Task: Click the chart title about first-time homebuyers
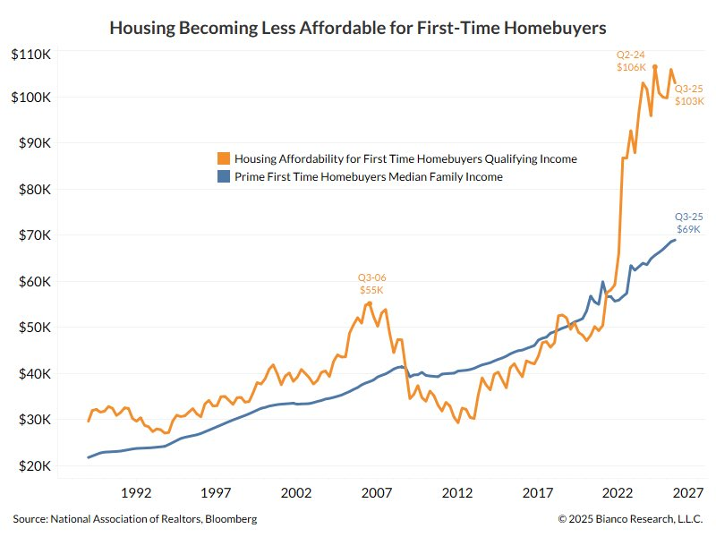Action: [x=357, y=29]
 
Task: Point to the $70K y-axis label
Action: [x=33, y=235]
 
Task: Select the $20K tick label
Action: [x=33, y=466]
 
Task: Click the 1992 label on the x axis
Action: [x=135, y=492]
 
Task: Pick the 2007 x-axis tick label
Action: [x=377, y=492]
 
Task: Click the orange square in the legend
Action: [x=223, y=158]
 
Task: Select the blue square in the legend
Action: [x=223, y=177]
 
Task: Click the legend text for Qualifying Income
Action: [x=405, y=158]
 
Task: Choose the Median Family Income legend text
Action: [x=368, y=177]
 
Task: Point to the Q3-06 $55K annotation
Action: [x=372, y=284]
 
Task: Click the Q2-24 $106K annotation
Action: [x=632, y=60]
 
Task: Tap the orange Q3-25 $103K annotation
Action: [x=688, y=95]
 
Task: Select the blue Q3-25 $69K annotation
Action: [x=688, y=222]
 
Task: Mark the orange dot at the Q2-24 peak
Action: [x=655, y=67]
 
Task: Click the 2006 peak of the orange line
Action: [x=369, y=303]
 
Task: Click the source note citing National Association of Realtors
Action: [x=135, y=518]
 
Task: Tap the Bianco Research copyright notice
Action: [x=631, y=518]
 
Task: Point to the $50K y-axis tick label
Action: [x=33, y=328]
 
